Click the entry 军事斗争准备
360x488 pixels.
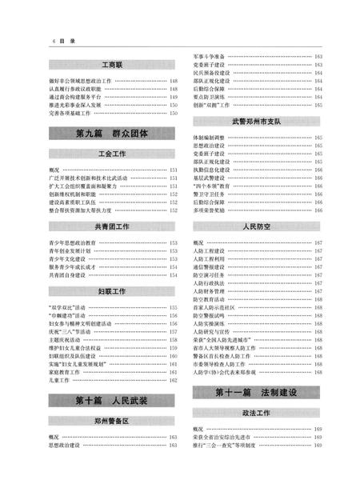click(209, 57)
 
